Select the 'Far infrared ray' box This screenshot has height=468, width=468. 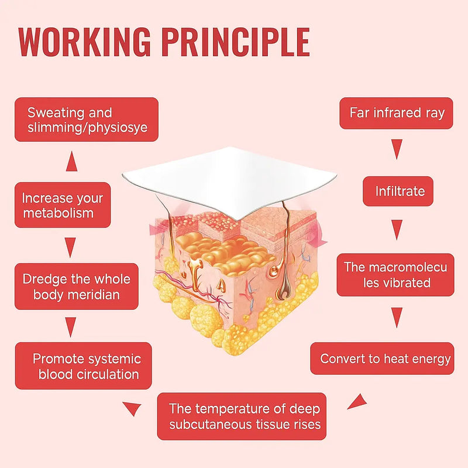click(397, 113)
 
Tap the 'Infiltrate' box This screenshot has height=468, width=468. click(398, 191)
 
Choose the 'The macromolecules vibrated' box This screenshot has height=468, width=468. click(395, 275)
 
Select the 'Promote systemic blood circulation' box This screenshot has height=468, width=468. click(84, 366)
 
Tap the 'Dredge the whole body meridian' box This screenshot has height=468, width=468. click(76, 287)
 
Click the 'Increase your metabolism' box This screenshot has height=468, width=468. click(63, 205)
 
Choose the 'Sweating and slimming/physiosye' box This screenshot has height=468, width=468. click(86, 119)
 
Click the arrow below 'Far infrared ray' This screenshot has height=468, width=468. click(397, 149)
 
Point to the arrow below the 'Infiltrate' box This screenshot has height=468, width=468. click(397, 229)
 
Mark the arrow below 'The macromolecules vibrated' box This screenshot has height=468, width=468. click(397, 316)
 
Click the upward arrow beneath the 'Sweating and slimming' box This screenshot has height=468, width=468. click(71, 161)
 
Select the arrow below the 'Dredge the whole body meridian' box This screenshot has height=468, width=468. click(71, 326)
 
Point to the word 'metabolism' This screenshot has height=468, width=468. click(58, 212)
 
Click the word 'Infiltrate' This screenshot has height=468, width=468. click(400, 191)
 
